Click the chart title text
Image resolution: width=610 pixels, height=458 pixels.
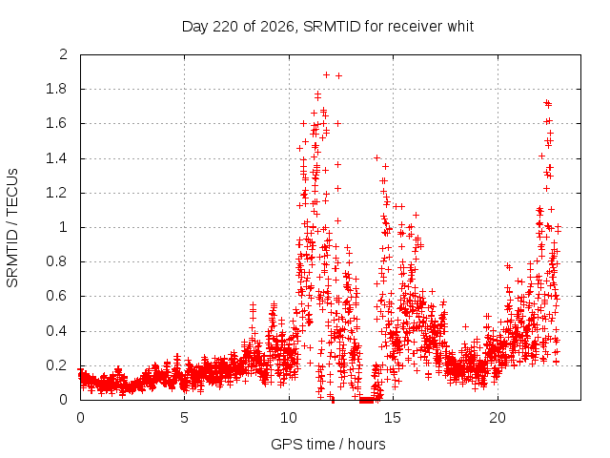[328, 27]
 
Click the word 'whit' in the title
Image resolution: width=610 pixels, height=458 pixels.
[460, 26]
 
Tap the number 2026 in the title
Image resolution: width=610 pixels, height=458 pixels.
[277, 26]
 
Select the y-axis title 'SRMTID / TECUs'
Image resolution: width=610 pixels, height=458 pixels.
[12, 228]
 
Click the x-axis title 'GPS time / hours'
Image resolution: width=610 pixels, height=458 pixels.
[328, 444]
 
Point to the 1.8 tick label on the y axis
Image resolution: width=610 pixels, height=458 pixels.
[56, 89]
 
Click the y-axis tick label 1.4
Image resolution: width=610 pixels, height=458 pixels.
[56, 158]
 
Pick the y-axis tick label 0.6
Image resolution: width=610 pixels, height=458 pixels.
[56, 296]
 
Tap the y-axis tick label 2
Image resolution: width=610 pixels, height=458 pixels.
[63, 54]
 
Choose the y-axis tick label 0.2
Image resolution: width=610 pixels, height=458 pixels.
[56, 365]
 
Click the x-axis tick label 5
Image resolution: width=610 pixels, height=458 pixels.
[184, 418]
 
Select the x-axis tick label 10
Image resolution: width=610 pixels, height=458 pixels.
[289, 418]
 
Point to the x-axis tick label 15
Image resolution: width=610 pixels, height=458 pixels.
[393, 418]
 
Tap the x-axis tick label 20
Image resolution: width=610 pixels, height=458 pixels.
[498, 418]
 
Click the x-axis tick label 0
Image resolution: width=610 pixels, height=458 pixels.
[80, 418]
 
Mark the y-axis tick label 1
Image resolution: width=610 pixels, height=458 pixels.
[63, 227]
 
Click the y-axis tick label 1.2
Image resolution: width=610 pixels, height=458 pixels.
[56, 193]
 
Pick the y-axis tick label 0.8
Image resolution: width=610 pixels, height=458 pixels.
[56, 261]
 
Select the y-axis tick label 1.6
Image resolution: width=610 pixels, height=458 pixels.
[56, 123]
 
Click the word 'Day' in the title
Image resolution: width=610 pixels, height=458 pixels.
[195, 27]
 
